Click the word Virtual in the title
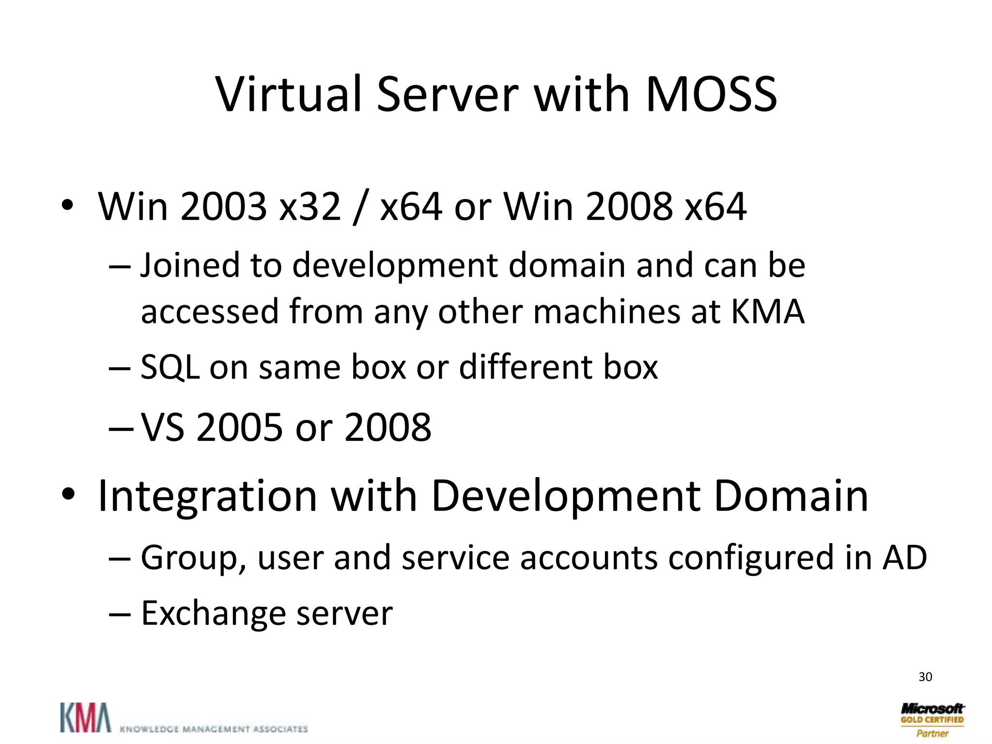[289, 94]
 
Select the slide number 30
[925, 677]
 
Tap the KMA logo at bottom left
[85, 717]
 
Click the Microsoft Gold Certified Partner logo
[932, 720]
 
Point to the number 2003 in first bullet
[223, 206]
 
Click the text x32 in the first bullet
[310, 206]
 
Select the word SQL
[170, 367]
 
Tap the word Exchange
[213, 613]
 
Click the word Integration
[207, 496]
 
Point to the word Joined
[190, 265]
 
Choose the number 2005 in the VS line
[239, 428]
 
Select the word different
[525, 367]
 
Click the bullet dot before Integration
[68, 495]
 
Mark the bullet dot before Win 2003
[68, 206]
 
